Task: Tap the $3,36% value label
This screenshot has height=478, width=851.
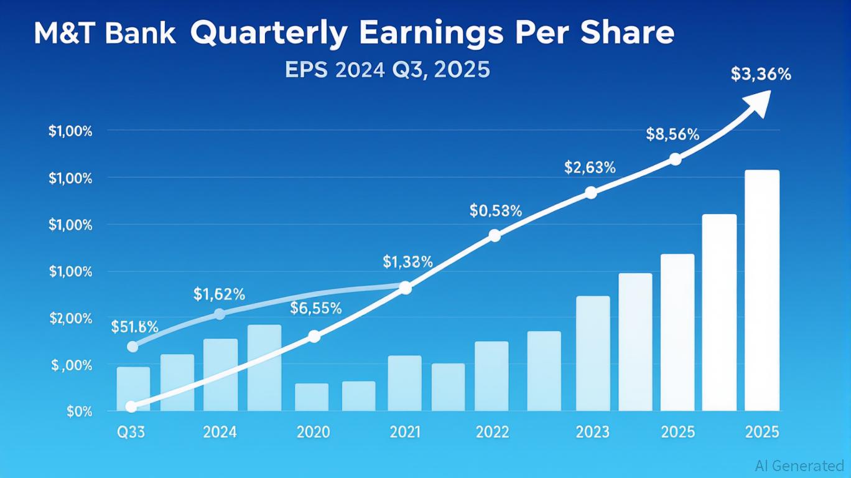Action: [x=761, y=75]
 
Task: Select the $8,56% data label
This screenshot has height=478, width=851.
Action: [x=672, y=134]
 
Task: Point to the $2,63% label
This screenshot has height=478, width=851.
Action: [x=590, y=167]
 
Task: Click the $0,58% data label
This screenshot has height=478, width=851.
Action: [x=495, y=211]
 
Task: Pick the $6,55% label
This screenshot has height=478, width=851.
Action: [x=315, y=308]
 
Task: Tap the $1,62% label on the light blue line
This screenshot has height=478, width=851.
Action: [x=219, y=293]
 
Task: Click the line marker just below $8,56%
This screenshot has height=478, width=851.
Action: [x=675, y=159]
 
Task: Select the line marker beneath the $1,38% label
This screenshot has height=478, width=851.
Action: [x=405, y=288]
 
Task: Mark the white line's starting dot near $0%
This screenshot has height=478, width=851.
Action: [x=131, y=406]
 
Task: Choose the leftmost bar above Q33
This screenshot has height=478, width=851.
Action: [x=133, y=389]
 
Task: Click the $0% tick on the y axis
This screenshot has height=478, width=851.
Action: [x=79, y=411]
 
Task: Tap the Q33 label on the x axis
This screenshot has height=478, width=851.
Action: [x=131, y=432]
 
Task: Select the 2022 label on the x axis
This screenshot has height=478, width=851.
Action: [x=491, y=432]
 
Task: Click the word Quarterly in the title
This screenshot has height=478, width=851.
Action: [x=268, y=34]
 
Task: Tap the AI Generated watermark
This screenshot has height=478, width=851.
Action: [x=799, y=465]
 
